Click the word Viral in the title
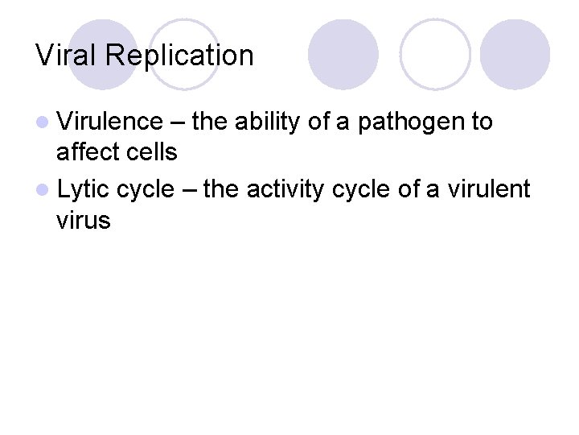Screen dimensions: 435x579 pos(67,56)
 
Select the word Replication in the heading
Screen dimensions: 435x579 pos(179,56)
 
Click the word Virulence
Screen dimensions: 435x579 pos(110,122)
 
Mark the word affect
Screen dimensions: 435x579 pos(87,151)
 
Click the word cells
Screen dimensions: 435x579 pos(150,151)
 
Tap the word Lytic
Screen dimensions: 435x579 pos(84,189)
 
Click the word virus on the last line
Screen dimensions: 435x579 pos(84,219)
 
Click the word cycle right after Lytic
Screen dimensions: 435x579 pos(145,189)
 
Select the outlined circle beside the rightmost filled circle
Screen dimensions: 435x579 pos(434,54)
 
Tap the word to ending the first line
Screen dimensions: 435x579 pos(482,122)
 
